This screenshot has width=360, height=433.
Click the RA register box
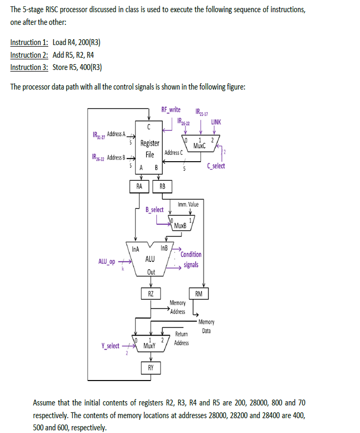(x=139, y=186)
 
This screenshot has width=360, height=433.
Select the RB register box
(x=162, y=186)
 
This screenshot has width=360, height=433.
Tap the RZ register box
(x=151, y=294)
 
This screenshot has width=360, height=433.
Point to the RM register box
(x=198, y=294)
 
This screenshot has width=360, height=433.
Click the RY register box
(x=151, y=367)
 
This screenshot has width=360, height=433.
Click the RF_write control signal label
(x=171, y=110)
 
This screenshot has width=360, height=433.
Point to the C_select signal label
(x=216, y=166)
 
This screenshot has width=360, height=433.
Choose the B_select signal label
(x=154, y=209)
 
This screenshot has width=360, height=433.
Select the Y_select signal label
(x=110, y=346)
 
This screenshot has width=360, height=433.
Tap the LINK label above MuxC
(x=216, y=122)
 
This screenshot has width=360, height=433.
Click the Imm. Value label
(x=188, y=204)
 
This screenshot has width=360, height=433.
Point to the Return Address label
(x=181, y=339)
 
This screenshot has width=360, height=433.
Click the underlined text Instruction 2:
(x=29, y=55)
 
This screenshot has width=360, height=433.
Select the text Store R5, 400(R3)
(x=77, y=67)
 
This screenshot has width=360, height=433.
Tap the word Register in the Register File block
(x=150, y=143)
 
